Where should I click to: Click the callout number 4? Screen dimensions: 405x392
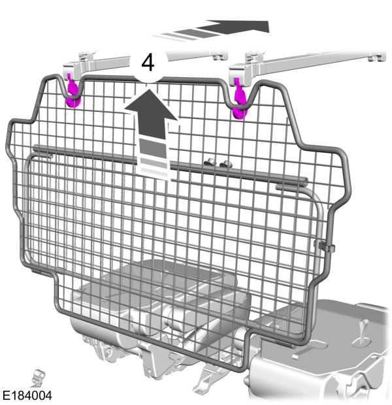[148, 63]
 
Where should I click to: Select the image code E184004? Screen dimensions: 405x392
[27, 395]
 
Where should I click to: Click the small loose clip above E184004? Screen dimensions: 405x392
[37, 377]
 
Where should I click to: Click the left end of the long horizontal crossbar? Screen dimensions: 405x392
[39, 149]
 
